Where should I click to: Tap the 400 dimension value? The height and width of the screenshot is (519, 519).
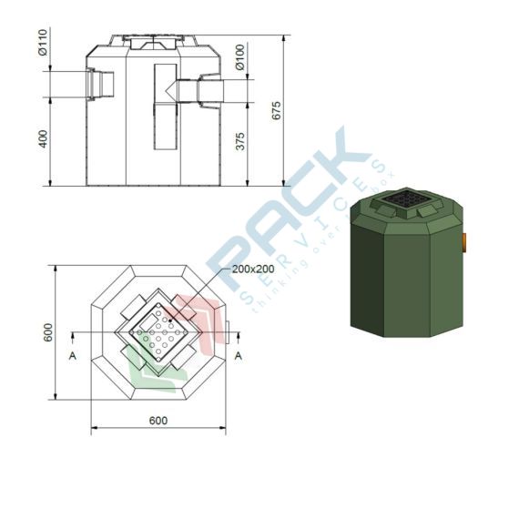(43, 139)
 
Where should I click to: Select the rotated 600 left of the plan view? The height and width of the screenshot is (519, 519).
(47, 334)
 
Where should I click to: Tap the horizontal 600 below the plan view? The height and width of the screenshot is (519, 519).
(158, 421)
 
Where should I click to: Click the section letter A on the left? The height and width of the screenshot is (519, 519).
(73, 356)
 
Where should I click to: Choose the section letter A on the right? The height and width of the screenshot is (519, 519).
(239, 356)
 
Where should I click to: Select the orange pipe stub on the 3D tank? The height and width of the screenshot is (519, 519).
(464, 241)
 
